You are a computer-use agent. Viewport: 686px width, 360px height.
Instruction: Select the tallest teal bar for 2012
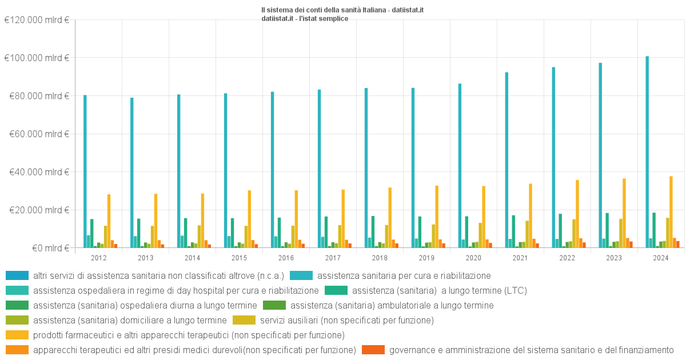85,171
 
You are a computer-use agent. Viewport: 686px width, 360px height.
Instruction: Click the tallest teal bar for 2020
460,166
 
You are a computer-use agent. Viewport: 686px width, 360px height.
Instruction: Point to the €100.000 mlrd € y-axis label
37,58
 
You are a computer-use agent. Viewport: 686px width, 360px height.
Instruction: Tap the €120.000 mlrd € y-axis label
37,20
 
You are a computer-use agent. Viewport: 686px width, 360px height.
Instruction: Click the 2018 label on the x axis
380,258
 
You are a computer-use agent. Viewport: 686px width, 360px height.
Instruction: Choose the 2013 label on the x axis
145,258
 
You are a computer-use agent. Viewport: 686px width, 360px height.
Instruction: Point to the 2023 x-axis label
614,258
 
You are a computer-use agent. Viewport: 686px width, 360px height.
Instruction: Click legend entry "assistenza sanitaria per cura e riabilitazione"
404,275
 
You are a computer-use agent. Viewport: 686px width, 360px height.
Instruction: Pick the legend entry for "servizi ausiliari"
346,320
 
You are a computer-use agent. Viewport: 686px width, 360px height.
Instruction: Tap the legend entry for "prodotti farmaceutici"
189,335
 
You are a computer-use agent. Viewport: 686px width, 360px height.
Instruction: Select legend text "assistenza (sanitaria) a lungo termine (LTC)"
440,290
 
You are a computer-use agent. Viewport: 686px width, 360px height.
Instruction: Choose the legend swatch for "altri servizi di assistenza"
13,275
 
